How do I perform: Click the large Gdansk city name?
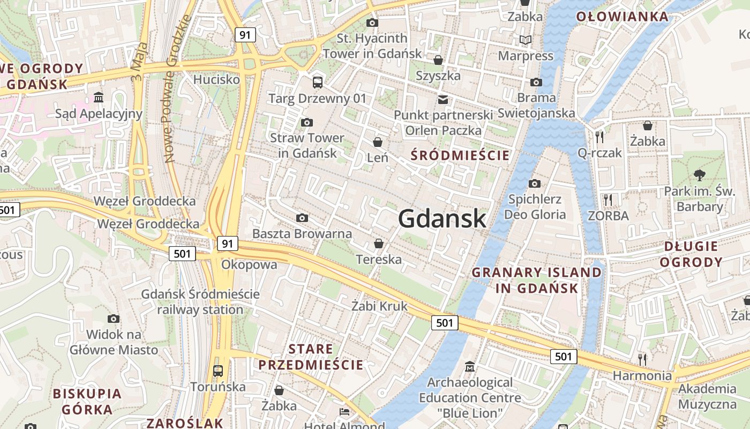point(442,219)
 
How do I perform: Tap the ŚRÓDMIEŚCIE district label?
point(460,156)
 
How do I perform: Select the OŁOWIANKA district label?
point(622,17)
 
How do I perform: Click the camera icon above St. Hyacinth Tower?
point(372,23)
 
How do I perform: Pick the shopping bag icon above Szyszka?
point(438,60)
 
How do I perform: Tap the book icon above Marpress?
point(526,40)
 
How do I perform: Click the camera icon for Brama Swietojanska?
point(536,82)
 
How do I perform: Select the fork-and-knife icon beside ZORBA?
point(607,200)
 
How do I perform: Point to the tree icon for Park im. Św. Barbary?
point(699,175)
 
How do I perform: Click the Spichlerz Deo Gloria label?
point(535,207)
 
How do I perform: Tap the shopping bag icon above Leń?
point(378,142)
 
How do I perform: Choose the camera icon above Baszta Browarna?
point(302,218)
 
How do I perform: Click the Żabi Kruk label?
point(379,306)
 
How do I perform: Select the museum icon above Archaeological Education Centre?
point(470,367)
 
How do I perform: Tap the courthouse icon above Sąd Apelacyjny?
point(99,98)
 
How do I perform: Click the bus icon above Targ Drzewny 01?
point(318,82)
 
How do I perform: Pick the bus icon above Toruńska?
point(218,371)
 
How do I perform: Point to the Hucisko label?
point(216,79)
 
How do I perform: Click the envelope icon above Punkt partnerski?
point(443,99)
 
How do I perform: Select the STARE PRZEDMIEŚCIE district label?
point(311,357)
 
